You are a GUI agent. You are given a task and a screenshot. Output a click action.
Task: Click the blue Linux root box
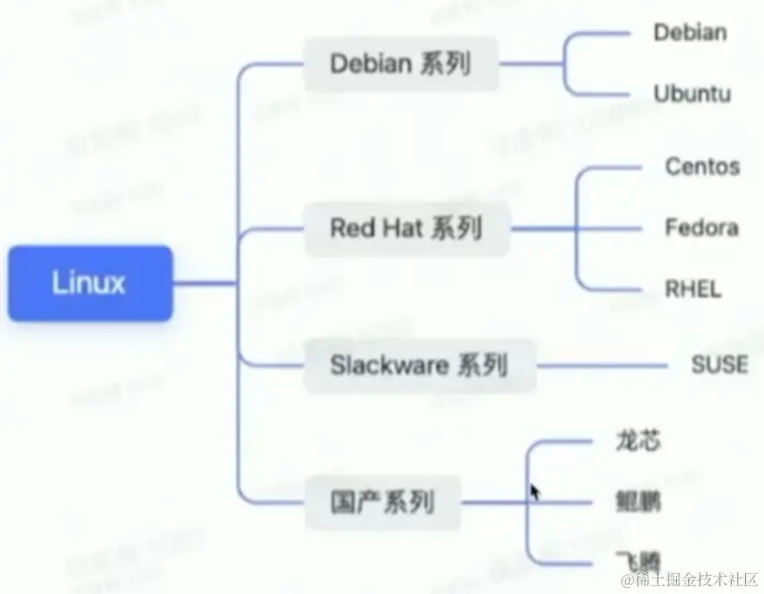90,283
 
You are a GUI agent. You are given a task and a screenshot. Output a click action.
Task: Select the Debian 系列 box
401,64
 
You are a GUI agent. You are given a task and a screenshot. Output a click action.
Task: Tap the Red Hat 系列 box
406,229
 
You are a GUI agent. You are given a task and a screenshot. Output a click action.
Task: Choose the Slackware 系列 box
418,365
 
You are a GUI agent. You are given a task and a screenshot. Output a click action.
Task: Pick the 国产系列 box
382,501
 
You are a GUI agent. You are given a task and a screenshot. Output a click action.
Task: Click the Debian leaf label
690,33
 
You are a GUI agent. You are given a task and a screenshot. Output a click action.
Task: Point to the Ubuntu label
692,93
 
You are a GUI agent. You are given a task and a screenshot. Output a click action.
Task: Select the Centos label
702,166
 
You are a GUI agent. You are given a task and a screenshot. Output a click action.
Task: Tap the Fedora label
701,228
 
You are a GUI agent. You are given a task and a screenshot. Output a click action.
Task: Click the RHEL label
691,288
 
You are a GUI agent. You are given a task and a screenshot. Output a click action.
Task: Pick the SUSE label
719,364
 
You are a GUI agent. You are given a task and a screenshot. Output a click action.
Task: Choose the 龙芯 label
639,440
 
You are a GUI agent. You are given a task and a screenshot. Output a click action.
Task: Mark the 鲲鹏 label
639,501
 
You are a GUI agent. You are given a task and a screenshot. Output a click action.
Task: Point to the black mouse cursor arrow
534,491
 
